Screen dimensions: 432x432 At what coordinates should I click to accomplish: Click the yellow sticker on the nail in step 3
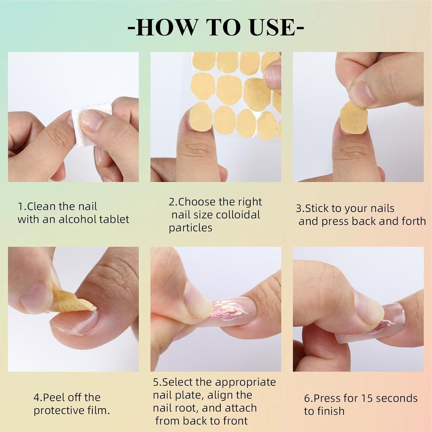click(353, 117)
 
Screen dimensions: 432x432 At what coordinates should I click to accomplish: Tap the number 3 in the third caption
click(299, 209)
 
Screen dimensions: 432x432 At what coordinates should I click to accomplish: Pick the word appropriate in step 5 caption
click(245, 382)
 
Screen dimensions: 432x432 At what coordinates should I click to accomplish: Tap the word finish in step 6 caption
click(331, 411)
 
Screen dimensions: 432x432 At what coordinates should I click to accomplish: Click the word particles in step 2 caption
click(190, 228)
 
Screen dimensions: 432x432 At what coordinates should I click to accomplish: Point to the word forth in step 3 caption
click(414, 221)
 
